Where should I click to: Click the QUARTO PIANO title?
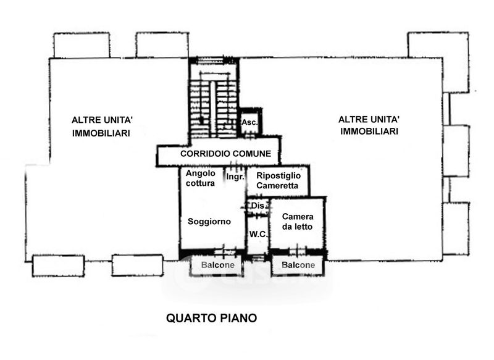pos(211,319)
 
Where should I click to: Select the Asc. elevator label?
pos(249,122)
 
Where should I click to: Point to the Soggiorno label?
pos(209,221)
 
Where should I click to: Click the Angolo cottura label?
pos(201,178)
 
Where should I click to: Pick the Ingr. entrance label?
pos(235,177)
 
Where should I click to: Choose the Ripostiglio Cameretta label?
pos(278,180)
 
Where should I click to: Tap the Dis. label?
pos(257,206)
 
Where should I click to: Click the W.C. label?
pos(257,234)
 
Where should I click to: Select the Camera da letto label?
pos(298,222)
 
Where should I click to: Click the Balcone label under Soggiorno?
pos(217,266)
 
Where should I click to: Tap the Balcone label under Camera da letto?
pos(298,266)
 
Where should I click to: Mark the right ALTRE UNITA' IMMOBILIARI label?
pos(369,125)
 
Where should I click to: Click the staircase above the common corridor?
pos(213,102)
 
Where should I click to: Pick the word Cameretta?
pos(278,185)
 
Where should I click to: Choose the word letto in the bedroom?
pos(303,227)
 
